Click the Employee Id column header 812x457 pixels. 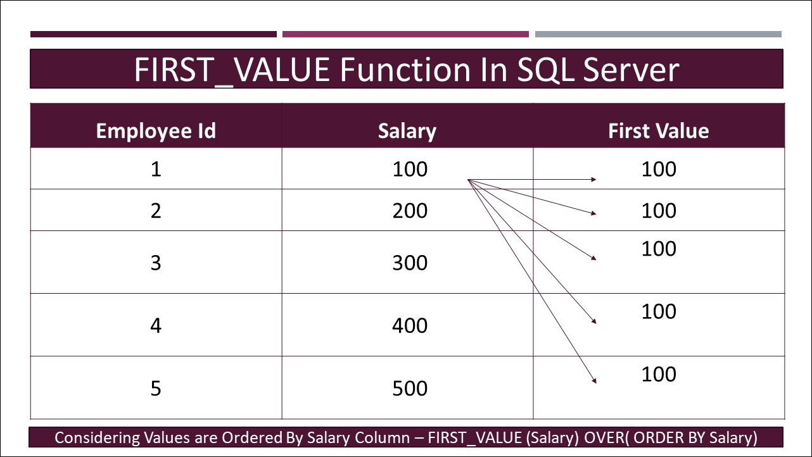click(x=156, y=131)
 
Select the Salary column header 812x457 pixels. click(x=407, y=131)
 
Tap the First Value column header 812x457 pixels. click(x=658, y=131)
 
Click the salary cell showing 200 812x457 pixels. click(x=410, y=211)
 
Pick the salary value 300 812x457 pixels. click(x=410, y=263)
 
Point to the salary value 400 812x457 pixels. click(x=410, y=325)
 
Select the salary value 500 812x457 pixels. click(x=410, y=388)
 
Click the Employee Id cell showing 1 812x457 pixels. click(x=156, y=169)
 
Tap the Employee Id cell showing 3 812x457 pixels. click(x=156, y=263)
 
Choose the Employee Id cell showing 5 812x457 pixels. click(x=156, y=388)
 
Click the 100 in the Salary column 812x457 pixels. click(x=410, y=169)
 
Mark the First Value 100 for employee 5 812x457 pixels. click(x=659, y=374)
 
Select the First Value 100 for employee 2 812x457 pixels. click(x=659, y=211)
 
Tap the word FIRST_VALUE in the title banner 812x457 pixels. click(x=232, y=70)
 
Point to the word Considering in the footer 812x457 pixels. click(x=97, y=438)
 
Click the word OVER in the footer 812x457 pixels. click(x=604, y=437)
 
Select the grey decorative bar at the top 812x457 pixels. click(x=658, y=34)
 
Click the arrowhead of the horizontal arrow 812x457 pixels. click(x=593, y=179)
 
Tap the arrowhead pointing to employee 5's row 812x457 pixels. click(x=594, y=380)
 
